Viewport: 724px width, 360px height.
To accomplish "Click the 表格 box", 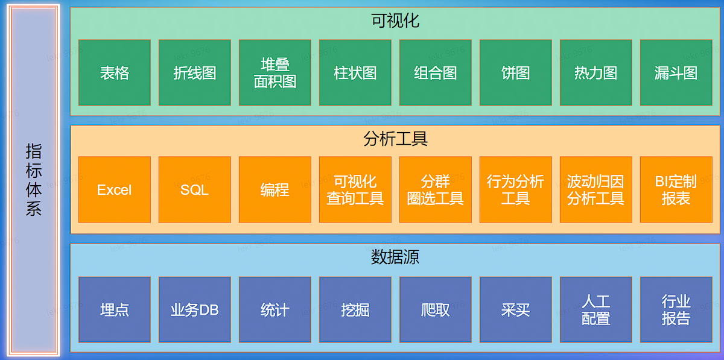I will (x=114, y=73).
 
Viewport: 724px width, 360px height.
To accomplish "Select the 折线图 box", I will (x=194, y=73).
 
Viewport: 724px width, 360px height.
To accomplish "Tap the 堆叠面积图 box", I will (x=275, y=73).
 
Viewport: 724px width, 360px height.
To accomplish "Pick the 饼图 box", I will (x=515, y=73).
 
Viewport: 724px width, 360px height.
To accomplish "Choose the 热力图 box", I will (x=595, y=73).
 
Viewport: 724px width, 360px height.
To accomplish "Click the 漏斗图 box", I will (x=676, y=73).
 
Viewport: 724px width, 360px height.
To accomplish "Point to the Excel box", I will (x=114, y=190).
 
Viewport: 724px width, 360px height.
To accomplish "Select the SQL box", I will (x=194, y=190).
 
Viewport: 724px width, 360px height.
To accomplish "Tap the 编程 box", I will (x=275, y=190).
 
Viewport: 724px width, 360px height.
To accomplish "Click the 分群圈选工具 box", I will (x=435, y=190).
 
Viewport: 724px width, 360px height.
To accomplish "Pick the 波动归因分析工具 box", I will (x=595, y=190).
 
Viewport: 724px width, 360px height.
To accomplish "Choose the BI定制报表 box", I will (x=676, y=190).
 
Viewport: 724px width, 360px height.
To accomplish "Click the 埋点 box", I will (x=114, y=310).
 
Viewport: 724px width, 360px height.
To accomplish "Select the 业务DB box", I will (x=194, y=310).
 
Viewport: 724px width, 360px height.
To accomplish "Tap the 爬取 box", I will (x=435, y=310).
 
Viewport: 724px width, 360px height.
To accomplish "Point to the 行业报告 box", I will (x=676, y=310).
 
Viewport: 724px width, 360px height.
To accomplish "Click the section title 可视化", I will (x=395, y=21).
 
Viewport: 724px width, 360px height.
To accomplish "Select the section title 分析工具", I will (x=395, y=139).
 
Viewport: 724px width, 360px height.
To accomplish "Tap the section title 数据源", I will (x=395, y=257).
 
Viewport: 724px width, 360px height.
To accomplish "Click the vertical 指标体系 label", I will (x=34, y=180).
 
